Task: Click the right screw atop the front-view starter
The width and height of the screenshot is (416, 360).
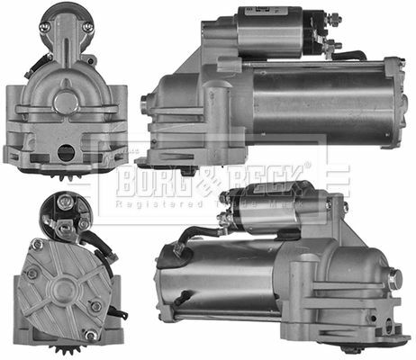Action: [x=87, y=27]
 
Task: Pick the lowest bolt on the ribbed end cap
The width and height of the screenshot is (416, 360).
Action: [x=90, y=335]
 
